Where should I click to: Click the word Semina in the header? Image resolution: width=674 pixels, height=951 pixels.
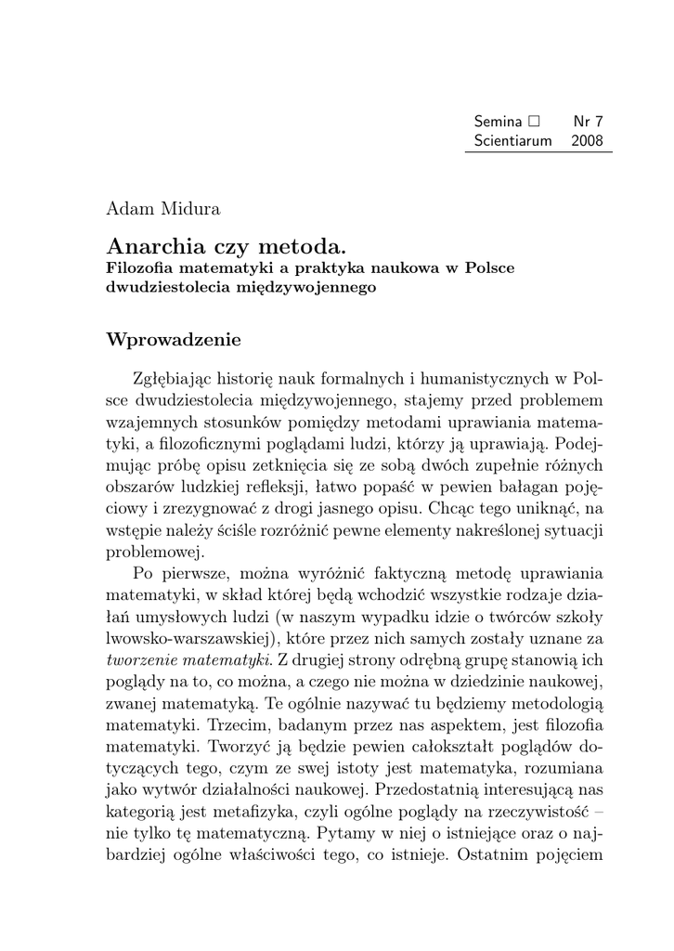(x=498, y=121)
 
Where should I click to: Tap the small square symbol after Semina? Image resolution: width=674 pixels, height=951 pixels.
(x=533, y=121)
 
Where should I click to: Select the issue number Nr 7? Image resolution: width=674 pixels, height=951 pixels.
(x=588, y=121)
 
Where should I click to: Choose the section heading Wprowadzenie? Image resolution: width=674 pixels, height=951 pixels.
(x=174, y=340)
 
